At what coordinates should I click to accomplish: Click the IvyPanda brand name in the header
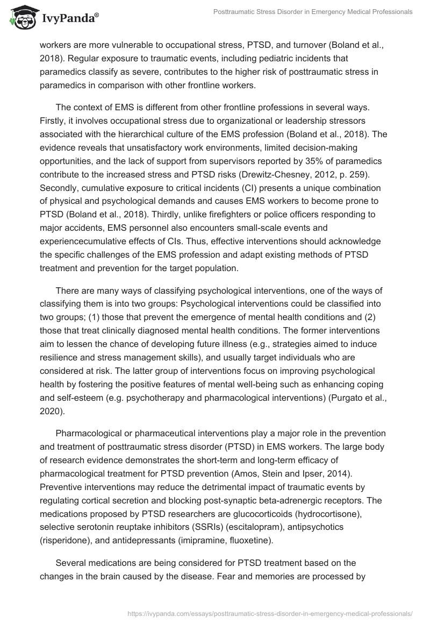(x=69, y=17)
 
